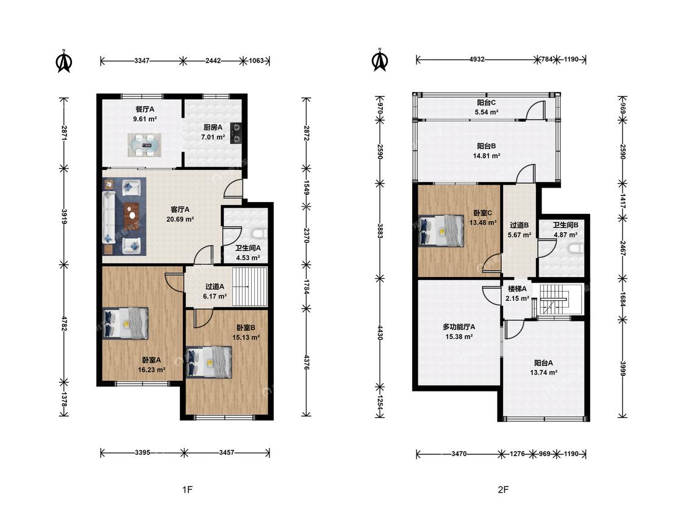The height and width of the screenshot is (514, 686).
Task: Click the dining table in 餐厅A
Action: click(145, 145)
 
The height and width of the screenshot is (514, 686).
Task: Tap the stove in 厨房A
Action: click(236, 133)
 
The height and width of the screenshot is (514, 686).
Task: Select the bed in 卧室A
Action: click(126, 323)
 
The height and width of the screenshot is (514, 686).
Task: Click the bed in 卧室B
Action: click(209, 362)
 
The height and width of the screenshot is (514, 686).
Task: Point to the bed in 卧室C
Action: click(441, 230)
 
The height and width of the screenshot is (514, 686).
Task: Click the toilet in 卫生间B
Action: click(576, 248)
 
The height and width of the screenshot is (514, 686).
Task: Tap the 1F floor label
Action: click(187, 490)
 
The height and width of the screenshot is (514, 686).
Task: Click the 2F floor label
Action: click(503, 490)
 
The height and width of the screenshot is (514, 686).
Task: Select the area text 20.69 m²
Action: click(180, 219)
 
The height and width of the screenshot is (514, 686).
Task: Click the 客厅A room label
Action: click(180, 209)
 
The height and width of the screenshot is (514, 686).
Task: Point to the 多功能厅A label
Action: click(459, 327)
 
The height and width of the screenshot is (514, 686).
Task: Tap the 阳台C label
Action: click(486, 103)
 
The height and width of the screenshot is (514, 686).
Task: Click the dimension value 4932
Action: click(476, 60)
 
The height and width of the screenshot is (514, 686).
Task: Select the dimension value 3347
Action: click(141, 61)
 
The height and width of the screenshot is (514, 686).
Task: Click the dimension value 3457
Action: click(227, 453)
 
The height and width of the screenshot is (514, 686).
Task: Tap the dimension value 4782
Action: click(64, 324)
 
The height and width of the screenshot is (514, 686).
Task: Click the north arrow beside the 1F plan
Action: click(64, 61)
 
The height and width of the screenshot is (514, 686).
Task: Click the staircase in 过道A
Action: click(249, 287)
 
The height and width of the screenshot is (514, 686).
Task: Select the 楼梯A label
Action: click(517, 289)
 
